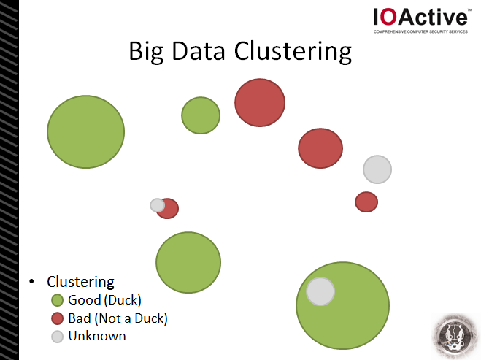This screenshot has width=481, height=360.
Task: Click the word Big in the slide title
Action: [146, 52]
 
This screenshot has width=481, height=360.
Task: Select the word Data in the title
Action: [199, 50]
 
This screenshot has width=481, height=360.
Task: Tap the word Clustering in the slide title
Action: [293, 52]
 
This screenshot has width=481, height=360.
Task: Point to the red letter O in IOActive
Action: [388, 17]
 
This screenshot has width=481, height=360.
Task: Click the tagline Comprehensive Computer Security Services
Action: [420, 31]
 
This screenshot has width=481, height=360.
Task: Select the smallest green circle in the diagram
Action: [201, 115]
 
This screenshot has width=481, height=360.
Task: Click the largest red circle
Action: [260, 102]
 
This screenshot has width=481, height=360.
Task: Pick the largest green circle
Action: [342, 305]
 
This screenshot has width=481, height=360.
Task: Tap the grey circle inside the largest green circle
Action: [320, 291]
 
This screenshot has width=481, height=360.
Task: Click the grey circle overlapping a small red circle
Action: [158, 205]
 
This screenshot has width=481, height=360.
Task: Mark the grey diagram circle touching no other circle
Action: [377, 169]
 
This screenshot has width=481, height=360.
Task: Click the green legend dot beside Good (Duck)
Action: [58, 300]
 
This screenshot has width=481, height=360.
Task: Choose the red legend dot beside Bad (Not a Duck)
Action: [58, 318]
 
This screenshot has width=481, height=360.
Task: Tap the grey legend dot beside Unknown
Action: [58, 337]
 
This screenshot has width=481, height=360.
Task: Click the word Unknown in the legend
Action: [97, 336]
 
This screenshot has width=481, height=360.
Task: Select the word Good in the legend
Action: [85, 300]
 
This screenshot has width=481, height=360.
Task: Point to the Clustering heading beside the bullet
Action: [80, 282]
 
